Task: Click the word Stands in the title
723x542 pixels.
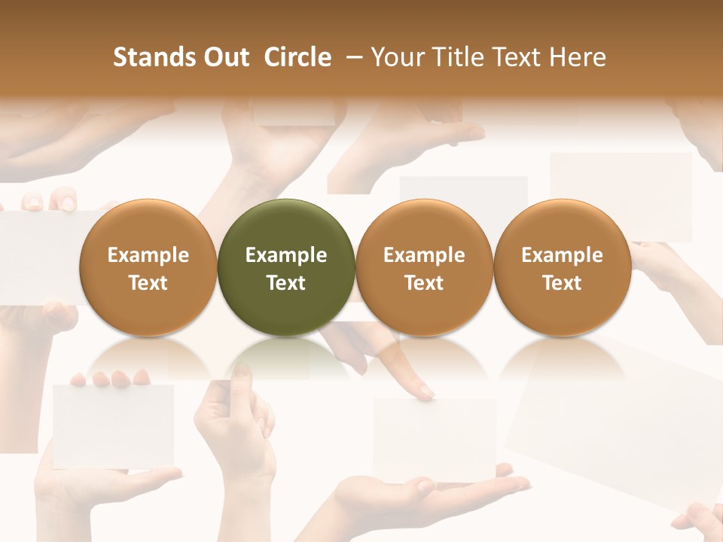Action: tap(148, 57)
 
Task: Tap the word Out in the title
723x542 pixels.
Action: tap(224, 57)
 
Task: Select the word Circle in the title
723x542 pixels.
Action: tap(297, 57)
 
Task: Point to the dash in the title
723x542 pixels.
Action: tap(351, 57)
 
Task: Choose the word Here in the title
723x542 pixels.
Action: tap(578, 57)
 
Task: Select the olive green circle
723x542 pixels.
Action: tap(286, 268)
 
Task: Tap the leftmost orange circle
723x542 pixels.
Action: tap(148, 268)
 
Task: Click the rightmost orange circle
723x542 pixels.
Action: tap(562, 268)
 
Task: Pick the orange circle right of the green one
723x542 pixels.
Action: tap(424, 268)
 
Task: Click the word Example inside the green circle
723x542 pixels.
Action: tap(286, 255)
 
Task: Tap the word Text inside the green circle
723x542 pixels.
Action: tap(286, 283)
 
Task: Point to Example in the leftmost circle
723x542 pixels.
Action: tap(148, 255)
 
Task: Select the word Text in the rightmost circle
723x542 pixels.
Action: tap(562, 283)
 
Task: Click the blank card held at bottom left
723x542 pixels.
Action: tap(113, 425)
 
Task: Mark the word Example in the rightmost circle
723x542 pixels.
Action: tap(562, 255)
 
